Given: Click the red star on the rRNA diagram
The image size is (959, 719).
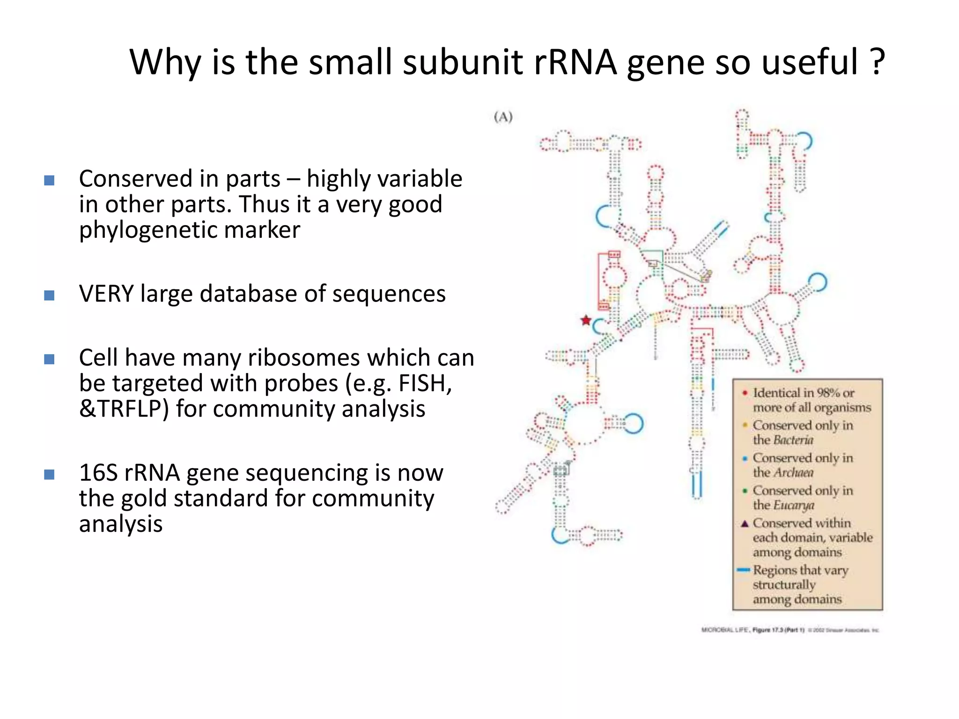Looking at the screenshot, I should click(586, 321).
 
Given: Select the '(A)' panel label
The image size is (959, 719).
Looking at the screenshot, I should click(503, 117).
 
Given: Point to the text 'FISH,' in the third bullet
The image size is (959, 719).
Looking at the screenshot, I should click(425, 384).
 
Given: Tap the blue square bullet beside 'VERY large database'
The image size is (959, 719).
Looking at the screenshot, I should click(49, 295).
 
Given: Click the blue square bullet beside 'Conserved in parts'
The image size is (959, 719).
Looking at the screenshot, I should click(49, 180).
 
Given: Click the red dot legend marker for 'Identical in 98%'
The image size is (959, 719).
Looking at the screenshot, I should click(745, 393).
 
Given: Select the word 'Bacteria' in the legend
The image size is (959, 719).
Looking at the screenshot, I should click(793, 440).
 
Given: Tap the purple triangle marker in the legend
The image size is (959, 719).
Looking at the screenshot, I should click(745, 523).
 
